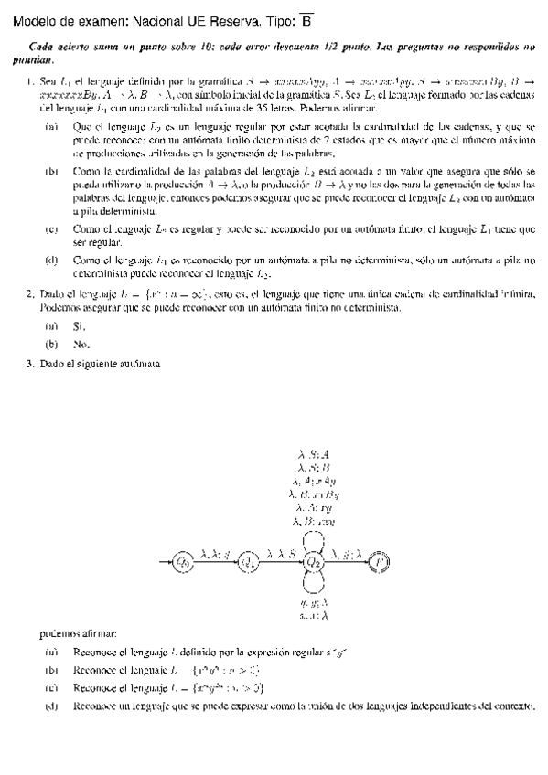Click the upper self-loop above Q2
point(315,538)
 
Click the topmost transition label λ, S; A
point(315,452)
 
